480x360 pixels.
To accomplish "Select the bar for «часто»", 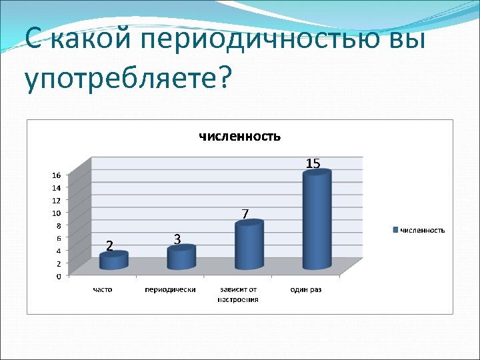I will pos(113,261).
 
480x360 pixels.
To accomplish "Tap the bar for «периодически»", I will pos(181,258).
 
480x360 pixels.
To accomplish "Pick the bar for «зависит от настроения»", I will pos(249,245).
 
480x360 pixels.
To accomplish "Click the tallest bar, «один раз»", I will pos(317,220).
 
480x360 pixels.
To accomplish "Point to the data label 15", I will pos(313,163).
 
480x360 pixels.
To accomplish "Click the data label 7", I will pos(245,214).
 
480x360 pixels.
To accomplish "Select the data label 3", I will pos(177,239).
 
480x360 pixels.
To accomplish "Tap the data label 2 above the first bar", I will pos(109,245).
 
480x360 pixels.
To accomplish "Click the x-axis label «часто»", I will pos(103,290).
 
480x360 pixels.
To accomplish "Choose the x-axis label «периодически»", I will pos(170,290).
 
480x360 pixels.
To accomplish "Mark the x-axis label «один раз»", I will pos(306,290).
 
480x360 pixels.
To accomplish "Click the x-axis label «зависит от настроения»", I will pos(238,295).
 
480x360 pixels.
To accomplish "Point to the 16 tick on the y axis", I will pos(57,175).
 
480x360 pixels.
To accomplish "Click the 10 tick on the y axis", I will pos(57,213).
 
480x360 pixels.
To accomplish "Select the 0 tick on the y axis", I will pos(59,276).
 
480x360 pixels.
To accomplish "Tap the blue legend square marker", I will pos(396,230).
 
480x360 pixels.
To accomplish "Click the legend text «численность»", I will pos(422,230).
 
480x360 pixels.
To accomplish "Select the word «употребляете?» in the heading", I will pos(127,79).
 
